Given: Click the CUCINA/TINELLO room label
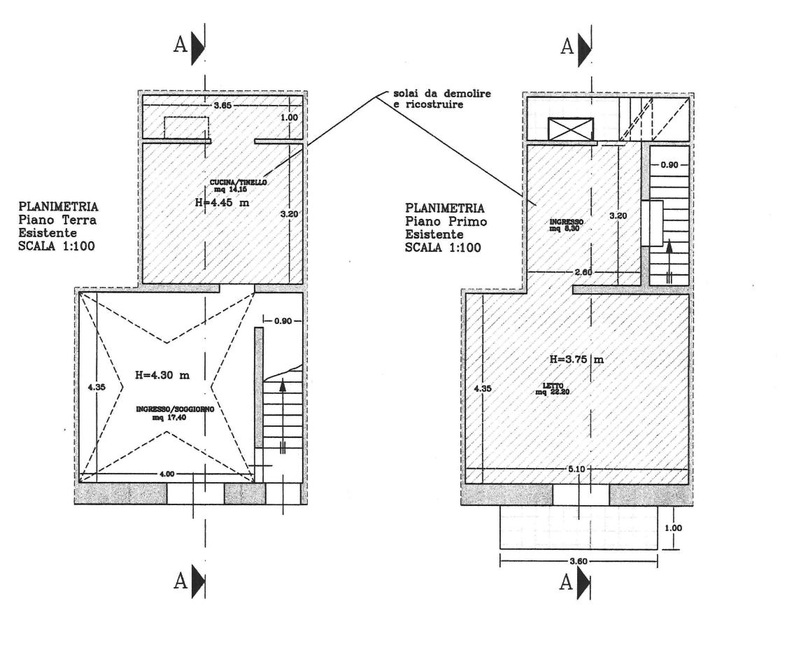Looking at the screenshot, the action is click(x=238, y=185).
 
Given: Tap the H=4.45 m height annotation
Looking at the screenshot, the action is click(x=222, y=202).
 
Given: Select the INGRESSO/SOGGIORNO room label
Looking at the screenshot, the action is click(x=175, y=413).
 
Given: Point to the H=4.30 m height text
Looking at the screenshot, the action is click(x=162, y=375).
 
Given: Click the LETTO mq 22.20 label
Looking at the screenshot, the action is click(x=552, y=389).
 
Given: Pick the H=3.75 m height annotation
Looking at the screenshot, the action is click(x=576, y=359).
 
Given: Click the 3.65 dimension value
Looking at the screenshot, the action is click(x=222, y=106).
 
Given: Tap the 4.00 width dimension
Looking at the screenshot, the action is click(x=167, y=474).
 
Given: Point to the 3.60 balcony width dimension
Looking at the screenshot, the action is click(x=579, y=561).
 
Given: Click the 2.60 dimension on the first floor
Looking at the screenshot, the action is click(x=583, y=272).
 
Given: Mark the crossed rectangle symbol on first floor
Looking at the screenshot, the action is click(x=571, y=129).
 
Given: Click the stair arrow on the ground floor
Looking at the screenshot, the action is click(x=282, y=416).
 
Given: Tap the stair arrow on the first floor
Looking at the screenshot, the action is click(x=669, y=262).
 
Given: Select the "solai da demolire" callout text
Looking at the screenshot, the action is click(x=442, y=94).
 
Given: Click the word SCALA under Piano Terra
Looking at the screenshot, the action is click(x=37, y=246).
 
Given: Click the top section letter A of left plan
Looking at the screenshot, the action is click(x=180, y=45).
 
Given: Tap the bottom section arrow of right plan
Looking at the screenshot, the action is click(x=584, y=582).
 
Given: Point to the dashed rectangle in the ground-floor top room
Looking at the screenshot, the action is click(x=187, y=128).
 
